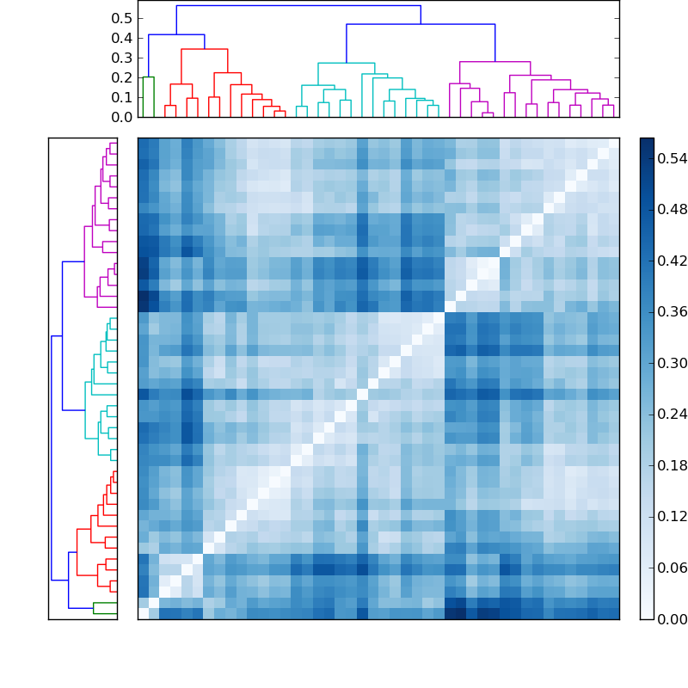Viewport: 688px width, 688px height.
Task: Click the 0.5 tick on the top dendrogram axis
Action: [x=122, y=18]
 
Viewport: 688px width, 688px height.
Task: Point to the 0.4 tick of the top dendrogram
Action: [x=122, y=38]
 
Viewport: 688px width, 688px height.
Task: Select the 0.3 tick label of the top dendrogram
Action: [x=122, y=58]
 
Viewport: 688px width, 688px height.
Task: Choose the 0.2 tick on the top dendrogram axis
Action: [x=122, y=77]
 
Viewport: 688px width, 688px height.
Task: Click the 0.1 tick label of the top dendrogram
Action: [x=122, y=97]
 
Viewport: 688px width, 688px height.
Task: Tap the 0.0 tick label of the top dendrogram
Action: [x=122, y=117]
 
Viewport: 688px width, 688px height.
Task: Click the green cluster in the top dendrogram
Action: [x=148, y=77]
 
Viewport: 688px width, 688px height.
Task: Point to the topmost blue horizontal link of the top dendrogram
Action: [x=298, y=6]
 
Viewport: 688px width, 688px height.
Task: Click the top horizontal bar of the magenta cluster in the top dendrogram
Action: [x=494, y=62]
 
